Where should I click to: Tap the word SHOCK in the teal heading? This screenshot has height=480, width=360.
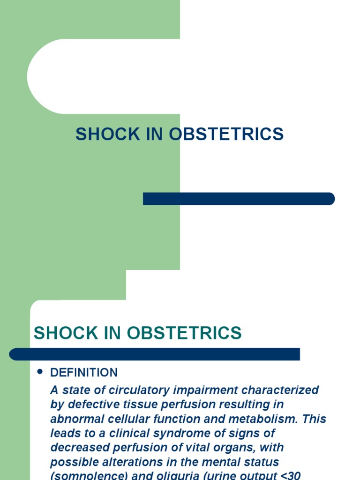[x=60, y=333]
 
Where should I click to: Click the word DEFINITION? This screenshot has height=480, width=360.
[x=84, y=373]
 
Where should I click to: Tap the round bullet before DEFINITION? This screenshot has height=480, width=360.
[x=40, y=372]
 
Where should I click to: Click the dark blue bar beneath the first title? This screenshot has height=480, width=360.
[x=239, y=199]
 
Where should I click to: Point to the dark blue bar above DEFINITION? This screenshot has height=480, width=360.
[x=155, y=354]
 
